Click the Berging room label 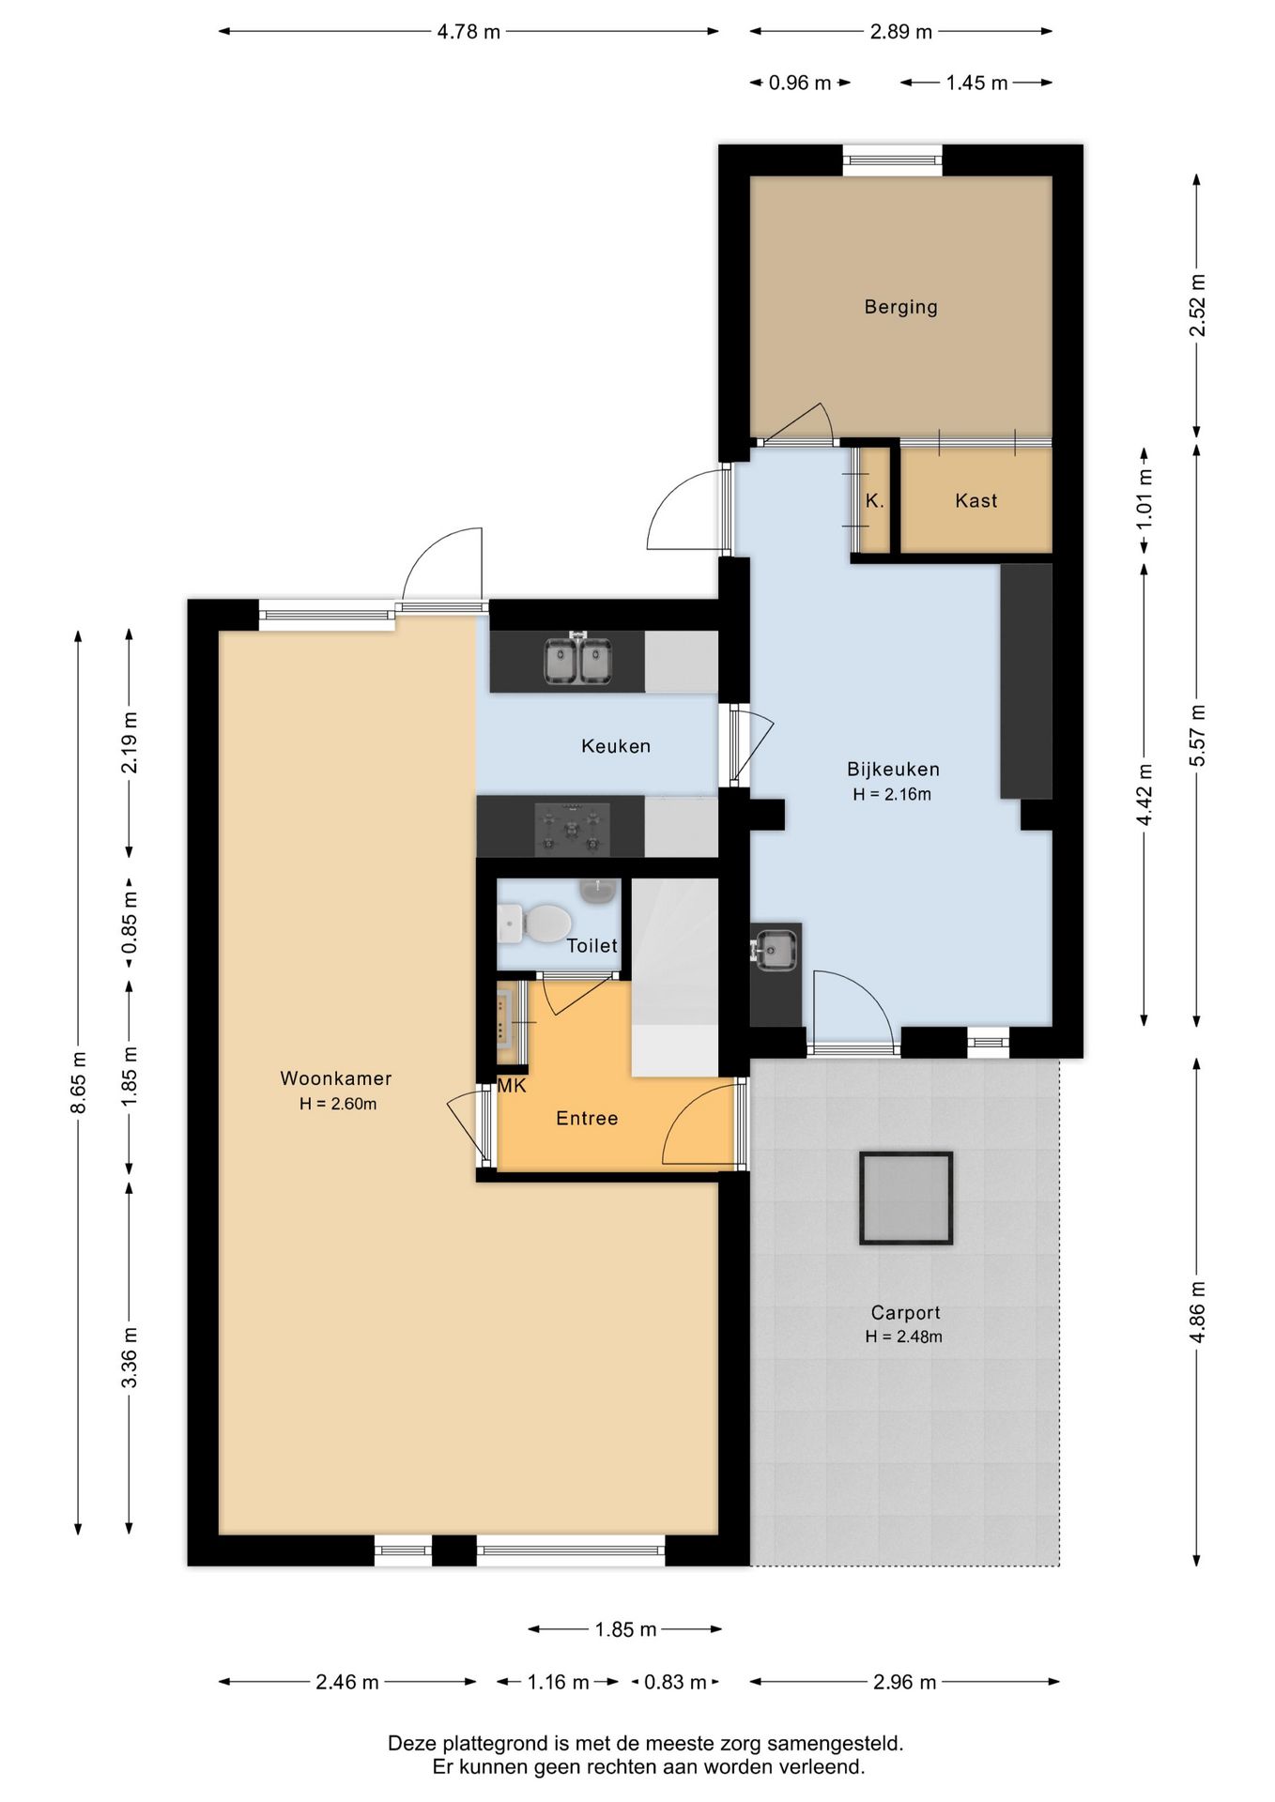pyautogui.click(x=900, y=307)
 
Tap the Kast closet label pyautogui.click(x=975, y=500)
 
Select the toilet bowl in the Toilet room pyautogui.click(x=534, y=924)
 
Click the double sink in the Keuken pyautogui.click(x=578, y=660)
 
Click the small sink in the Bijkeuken pyautogui.click(x=776, y=950)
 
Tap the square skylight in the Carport pyautogui.click(x=906, y=1198)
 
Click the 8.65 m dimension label pyautogui.click(x=79, y=1083)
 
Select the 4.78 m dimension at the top pyautogui.click(x=469, y=32)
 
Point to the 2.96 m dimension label pyautogui.click(x=904, y=1681)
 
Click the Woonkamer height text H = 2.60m pyautogui.click(x=338, y=1104)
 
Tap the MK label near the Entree pyautogui.click(x=512, y=1086)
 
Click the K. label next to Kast pyautogui.click(x=874, y=500)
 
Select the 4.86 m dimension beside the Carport pyautogui.click(x=1197, y=1312)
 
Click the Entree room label pyautogui.click(x=587, y=1118)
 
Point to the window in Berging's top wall pyautogui.click(x=892, y=160)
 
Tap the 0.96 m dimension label pyautogui.click(x=800, y=83)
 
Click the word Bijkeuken pyautogui.click(x=893, y=769)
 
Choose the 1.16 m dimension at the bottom pyautogui.click(x=558, y=1681)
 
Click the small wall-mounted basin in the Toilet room pyautogui.click(x=598, y=890)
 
